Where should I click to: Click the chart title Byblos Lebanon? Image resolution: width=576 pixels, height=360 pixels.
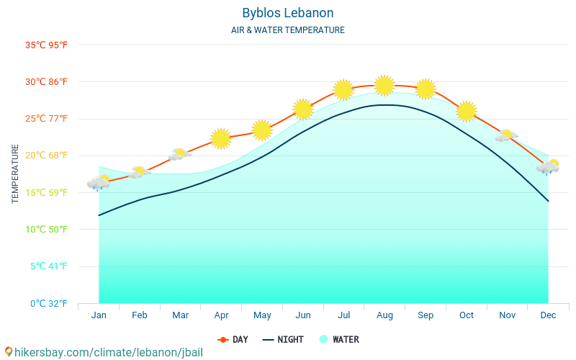(x=287, y=13)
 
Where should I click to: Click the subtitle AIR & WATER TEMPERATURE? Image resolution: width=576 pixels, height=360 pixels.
(x=287, y=30)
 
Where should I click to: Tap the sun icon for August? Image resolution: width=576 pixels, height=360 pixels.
(x=384, y=85)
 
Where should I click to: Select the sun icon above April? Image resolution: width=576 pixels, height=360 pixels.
(x=221, y=138)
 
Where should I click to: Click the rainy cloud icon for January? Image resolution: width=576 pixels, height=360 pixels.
(x=99, y=183)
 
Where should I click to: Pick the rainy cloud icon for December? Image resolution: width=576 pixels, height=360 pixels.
(x=548, y=167)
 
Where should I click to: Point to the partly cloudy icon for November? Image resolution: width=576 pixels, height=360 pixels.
(x=507, y=135)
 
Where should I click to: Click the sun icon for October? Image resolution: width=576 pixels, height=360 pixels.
(x=467, y=111)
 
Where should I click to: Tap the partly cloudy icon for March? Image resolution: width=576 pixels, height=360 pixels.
(x=179, y=154)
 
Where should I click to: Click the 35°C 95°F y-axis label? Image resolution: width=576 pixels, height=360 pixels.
(x=46, y=45)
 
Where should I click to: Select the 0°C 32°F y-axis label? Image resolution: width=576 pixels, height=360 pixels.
(x=48, y=303)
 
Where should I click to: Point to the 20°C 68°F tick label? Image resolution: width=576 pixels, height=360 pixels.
(x=46, y=156)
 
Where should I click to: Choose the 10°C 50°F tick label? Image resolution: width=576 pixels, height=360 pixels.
(x=46, y=229)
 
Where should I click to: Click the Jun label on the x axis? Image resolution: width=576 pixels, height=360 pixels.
(x=303, y=315)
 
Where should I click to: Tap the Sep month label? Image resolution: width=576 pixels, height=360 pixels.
(x=425, y=315)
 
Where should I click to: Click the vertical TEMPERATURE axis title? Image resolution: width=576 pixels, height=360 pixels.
(x=16, y=174)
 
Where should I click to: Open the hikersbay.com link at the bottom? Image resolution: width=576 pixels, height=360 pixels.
(x=104, y=352)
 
